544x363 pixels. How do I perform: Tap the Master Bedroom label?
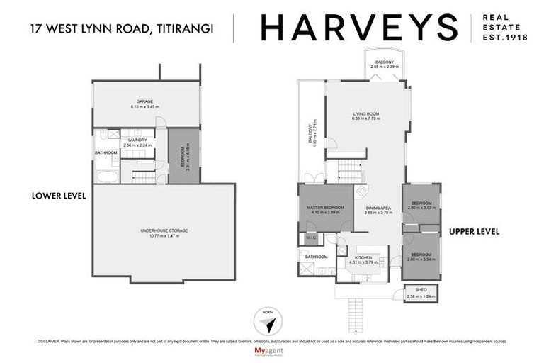[x=325, y=209]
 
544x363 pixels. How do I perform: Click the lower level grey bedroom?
[x=183, y=154]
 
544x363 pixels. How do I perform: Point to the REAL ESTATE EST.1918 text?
[x=504, y=28]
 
